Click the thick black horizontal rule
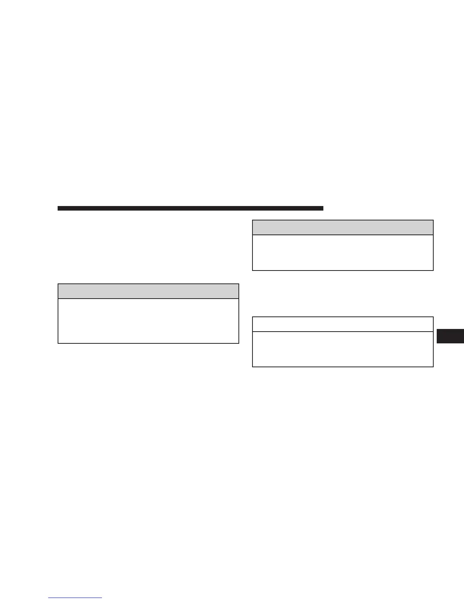190,208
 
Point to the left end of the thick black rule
58,208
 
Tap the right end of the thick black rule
323,208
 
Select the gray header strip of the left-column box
148,291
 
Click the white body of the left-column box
148,321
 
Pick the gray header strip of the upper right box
343,227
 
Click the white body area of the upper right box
343,252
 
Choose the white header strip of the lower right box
343,324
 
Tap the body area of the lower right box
343,349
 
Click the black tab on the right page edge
450,336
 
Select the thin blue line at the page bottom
75,598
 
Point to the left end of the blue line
49,598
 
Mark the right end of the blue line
102,598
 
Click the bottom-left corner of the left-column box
58,343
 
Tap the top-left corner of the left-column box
58,284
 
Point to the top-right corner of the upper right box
433,220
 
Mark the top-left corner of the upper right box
252,220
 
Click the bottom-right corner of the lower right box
433,367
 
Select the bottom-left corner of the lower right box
252,367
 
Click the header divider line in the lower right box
343,332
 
